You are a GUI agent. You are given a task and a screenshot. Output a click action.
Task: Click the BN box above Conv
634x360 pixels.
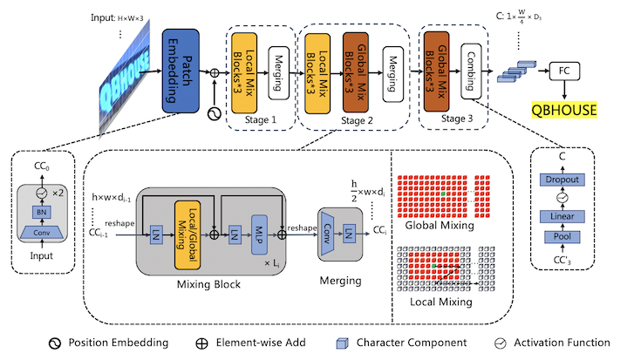point(38,212)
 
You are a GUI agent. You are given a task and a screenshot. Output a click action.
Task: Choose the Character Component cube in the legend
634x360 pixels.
point(344,343)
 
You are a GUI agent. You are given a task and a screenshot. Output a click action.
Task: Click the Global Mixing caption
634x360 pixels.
point(440,225)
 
